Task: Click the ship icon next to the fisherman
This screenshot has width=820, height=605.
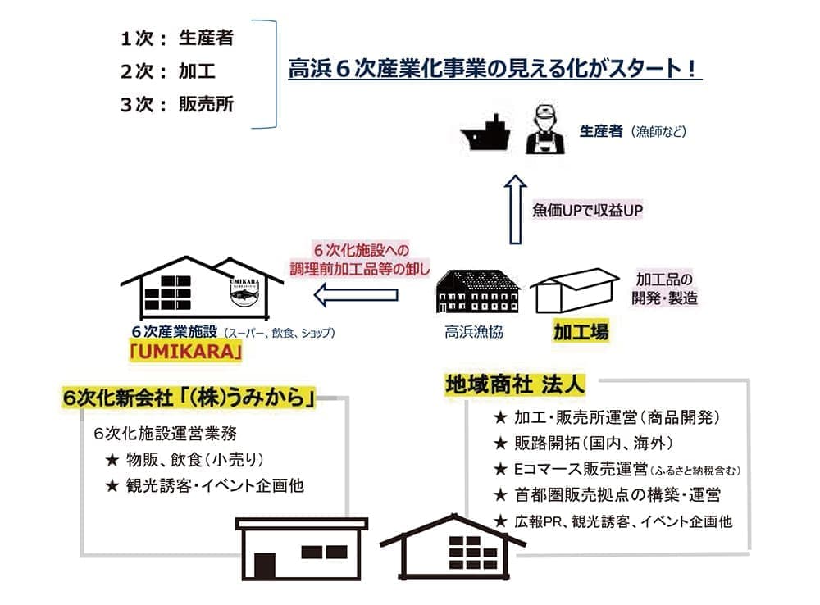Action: pyautogui.click(x=487, y=132)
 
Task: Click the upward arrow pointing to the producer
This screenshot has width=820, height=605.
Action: pyautogui.click(x=514, y=210)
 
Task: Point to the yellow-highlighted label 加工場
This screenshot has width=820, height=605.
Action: pyautogui.click(x=581, y=333)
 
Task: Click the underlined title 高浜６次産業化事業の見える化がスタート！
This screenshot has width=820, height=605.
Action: pyautogui.click(x=494, y=69)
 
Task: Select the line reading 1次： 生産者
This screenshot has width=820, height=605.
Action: pyautogui.click(x=176, y=38)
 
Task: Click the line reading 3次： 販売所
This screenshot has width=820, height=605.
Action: pyautogui.click(x=176, y=104)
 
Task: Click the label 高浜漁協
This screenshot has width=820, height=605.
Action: pyautogui.click(x=474, y=332)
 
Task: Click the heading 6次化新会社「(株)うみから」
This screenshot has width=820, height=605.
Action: pyautogui.click(x=190, y=398)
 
